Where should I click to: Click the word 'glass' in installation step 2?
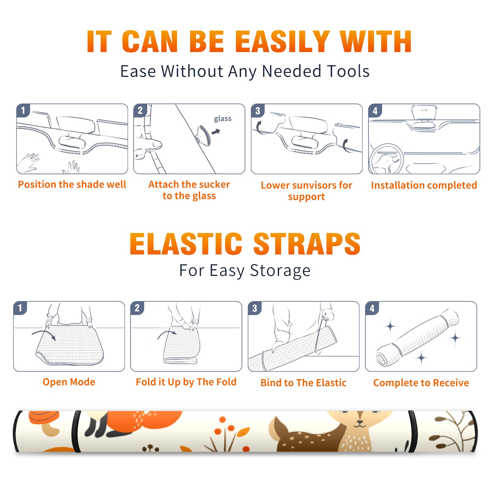click(223, 119)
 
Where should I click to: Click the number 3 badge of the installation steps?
click(258, 111)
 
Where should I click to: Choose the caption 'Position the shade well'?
click(72, 184)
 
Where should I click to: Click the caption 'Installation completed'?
click(424, 185)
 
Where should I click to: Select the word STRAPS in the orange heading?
click(307, 244)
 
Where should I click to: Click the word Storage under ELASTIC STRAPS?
click(280, 271)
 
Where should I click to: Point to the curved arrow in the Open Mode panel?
click(44, 334)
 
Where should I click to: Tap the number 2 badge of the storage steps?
click(137, 308)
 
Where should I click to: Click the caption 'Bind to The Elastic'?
click(303, 383)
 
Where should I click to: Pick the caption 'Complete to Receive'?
click(421, 383)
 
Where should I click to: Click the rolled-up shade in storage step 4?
click(417, 337)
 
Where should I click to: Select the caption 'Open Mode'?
click(69, 382)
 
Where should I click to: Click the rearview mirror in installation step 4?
click(424, 113)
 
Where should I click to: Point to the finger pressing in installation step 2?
click(148, 144)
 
